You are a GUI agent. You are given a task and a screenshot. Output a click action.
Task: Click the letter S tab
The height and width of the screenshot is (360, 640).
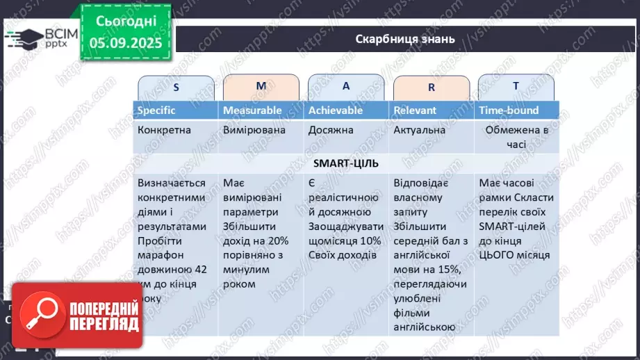(x=176, y=88)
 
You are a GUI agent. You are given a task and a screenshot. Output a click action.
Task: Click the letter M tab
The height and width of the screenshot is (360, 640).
(x=261, y=86)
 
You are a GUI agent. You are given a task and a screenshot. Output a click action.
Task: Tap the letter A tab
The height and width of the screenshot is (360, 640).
(x=346, y=86)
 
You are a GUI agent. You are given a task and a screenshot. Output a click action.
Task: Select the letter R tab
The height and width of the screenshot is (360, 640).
(x=432, y=88)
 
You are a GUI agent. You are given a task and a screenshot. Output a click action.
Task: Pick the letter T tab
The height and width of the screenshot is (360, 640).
(x=516, y=86)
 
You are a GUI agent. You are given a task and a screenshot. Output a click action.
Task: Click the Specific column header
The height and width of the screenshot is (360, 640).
(x=156, y=110)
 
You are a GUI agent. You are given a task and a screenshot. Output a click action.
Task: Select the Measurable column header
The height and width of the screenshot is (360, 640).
(x=252, y=110)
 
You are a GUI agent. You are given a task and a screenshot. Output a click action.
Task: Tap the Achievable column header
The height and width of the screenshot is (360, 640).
(x=336, y=110)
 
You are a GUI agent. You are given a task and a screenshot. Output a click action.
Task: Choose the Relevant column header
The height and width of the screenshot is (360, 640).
(x=415, y=110)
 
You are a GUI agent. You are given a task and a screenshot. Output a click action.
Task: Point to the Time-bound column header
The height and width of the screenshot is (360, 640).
(x=509, y=110)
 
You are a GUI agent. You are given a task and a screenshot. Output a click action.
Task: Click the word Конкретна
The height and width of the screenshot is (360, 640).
(x=164, y=129)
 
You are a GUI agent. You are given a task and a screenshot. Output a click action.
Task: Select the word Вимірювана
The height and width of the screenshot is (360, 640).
(x=253, y=129)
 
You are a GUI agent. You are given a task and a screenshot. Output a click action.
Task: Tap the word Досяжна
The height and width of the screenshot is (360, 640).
(x=331, y=129)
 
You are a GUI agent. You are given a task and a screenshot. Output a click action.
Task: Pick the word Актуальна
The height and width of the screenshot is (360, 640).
(x=419, y=129)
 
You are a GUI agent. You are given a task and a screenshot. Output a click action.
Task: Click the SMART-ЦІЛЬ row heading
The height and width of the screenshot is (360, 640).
(x=345, y=163)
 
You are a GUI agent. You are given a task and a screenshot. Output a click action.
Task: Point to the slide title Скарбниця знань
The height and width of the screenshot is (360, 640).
(x=405, y=39)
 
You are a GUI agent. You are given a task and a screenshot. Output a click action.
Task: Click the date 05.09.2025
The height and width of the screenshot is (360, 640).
(x=125, y=42)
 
